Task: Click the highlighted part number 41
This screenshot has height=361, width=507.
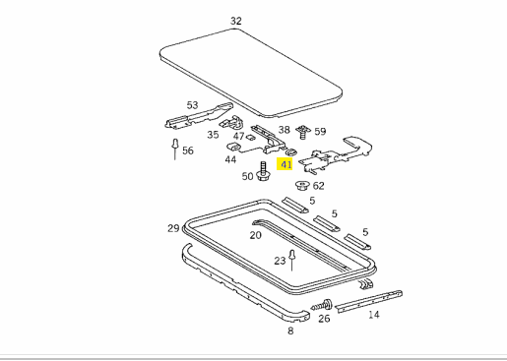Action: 285,164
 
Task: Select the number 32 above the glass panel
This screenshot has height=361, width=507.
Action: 236,21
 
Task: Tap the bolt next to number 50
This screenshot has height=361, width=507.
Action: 263,171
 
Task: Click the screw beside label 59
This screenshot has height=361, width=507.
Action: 303,132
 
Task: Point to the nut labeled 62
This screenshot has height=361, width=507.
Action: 302,185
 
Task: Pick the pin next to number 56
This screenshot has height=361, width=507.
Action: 175,150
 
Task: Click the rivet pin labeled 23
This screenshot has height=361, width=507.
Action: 292,261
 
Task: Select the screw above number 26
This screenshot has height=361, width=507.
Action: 322,305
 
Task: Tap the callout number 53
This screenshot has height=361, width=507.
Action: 192,105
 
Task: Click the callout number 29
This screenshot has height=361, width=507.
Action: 173,228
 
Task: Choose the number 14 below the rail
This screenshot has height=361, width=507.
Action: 373,315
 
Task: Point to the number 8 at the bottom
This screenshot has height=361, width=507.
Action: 290,331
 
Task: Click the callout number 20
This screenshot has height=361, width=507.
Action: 255,235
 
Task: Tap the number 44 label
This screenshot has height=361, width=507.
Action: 230,159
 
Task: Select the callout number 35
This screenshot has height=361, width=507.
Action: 213,135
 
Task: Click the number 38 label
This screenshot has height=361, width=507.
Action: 285,130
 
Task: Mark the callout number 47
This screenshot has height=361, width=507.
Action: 239,136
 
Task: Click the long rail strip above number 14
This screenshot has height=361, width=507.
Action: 369,301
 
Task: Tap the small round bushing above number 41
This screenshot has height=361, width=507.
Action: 291,151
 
